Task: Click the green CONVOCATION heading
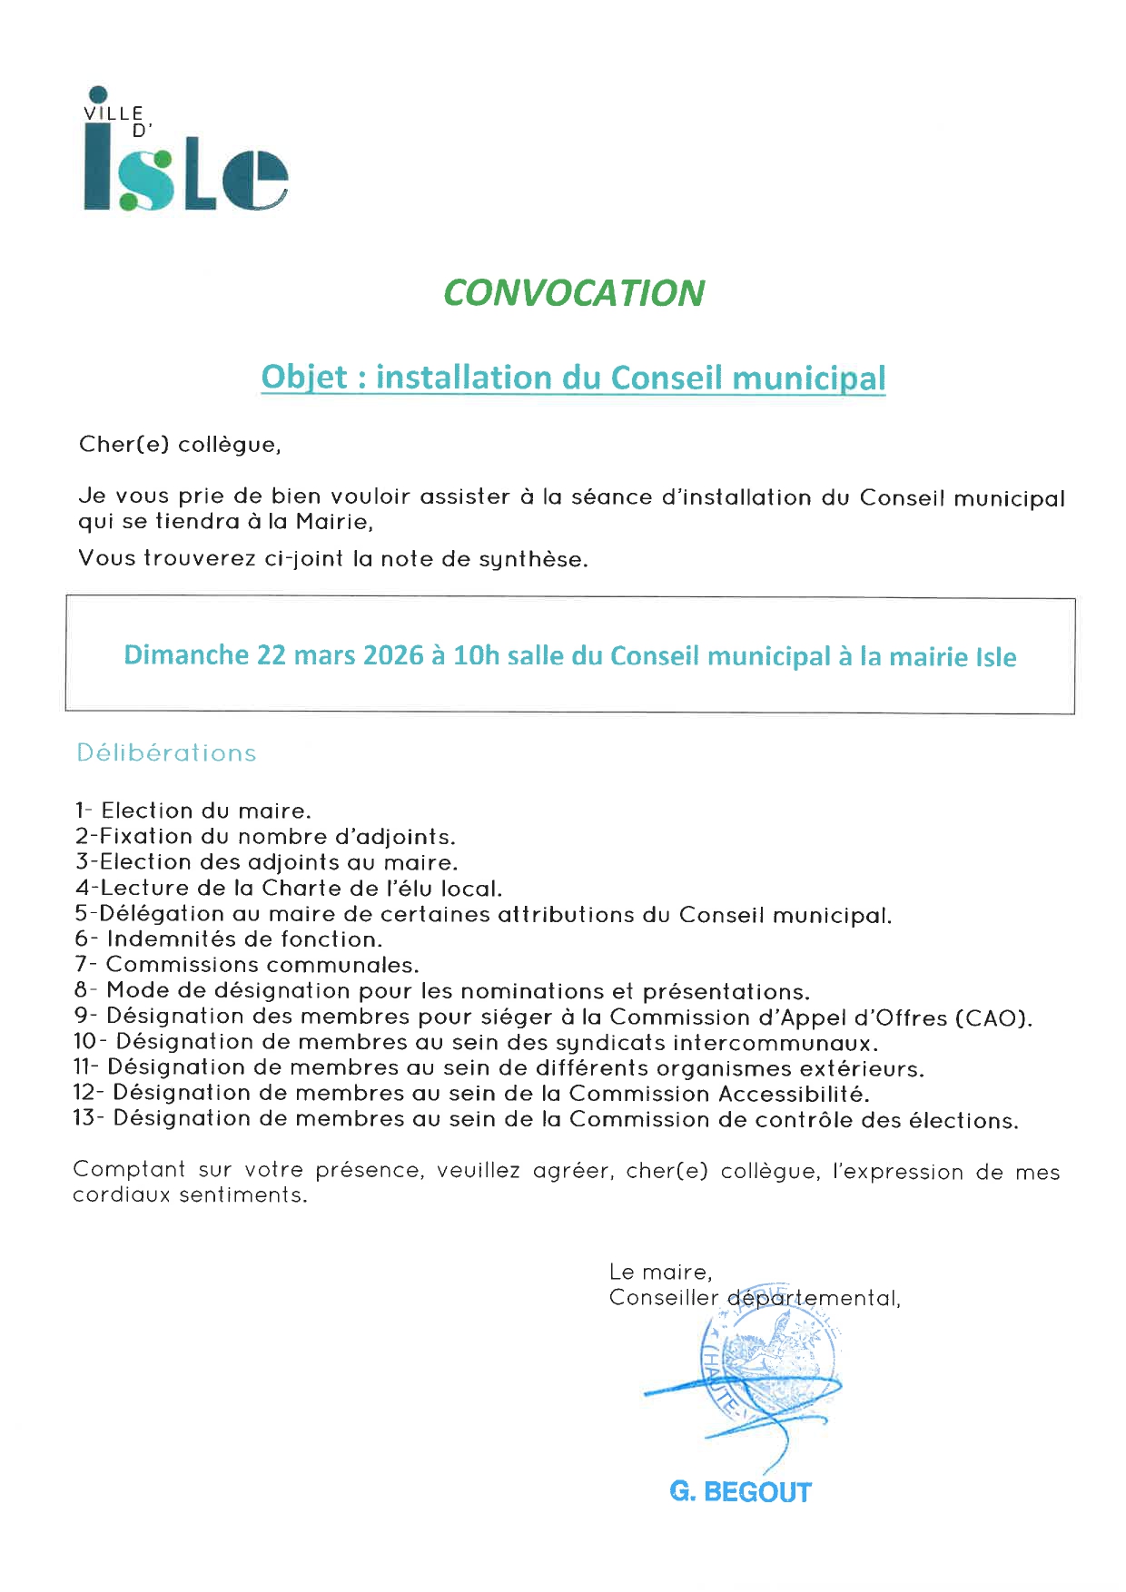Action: (x=574, y=293)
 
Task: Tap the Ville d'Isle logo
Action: (x=185, y=152)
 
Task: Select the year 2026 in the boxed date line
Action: (x=393, y=655)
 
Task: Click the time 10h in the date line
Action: (x=476, y=655)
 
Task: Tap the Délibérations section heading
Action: (x=166, y=753)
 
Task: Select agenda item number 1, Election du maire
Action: (x=193, y=811)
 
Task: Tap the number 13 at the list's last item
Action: (x=84, y=1118)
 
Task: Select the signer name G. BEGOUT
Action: (x=740, y=1492)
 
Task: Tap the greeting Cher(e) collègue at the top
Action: (x=180, y=445)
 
